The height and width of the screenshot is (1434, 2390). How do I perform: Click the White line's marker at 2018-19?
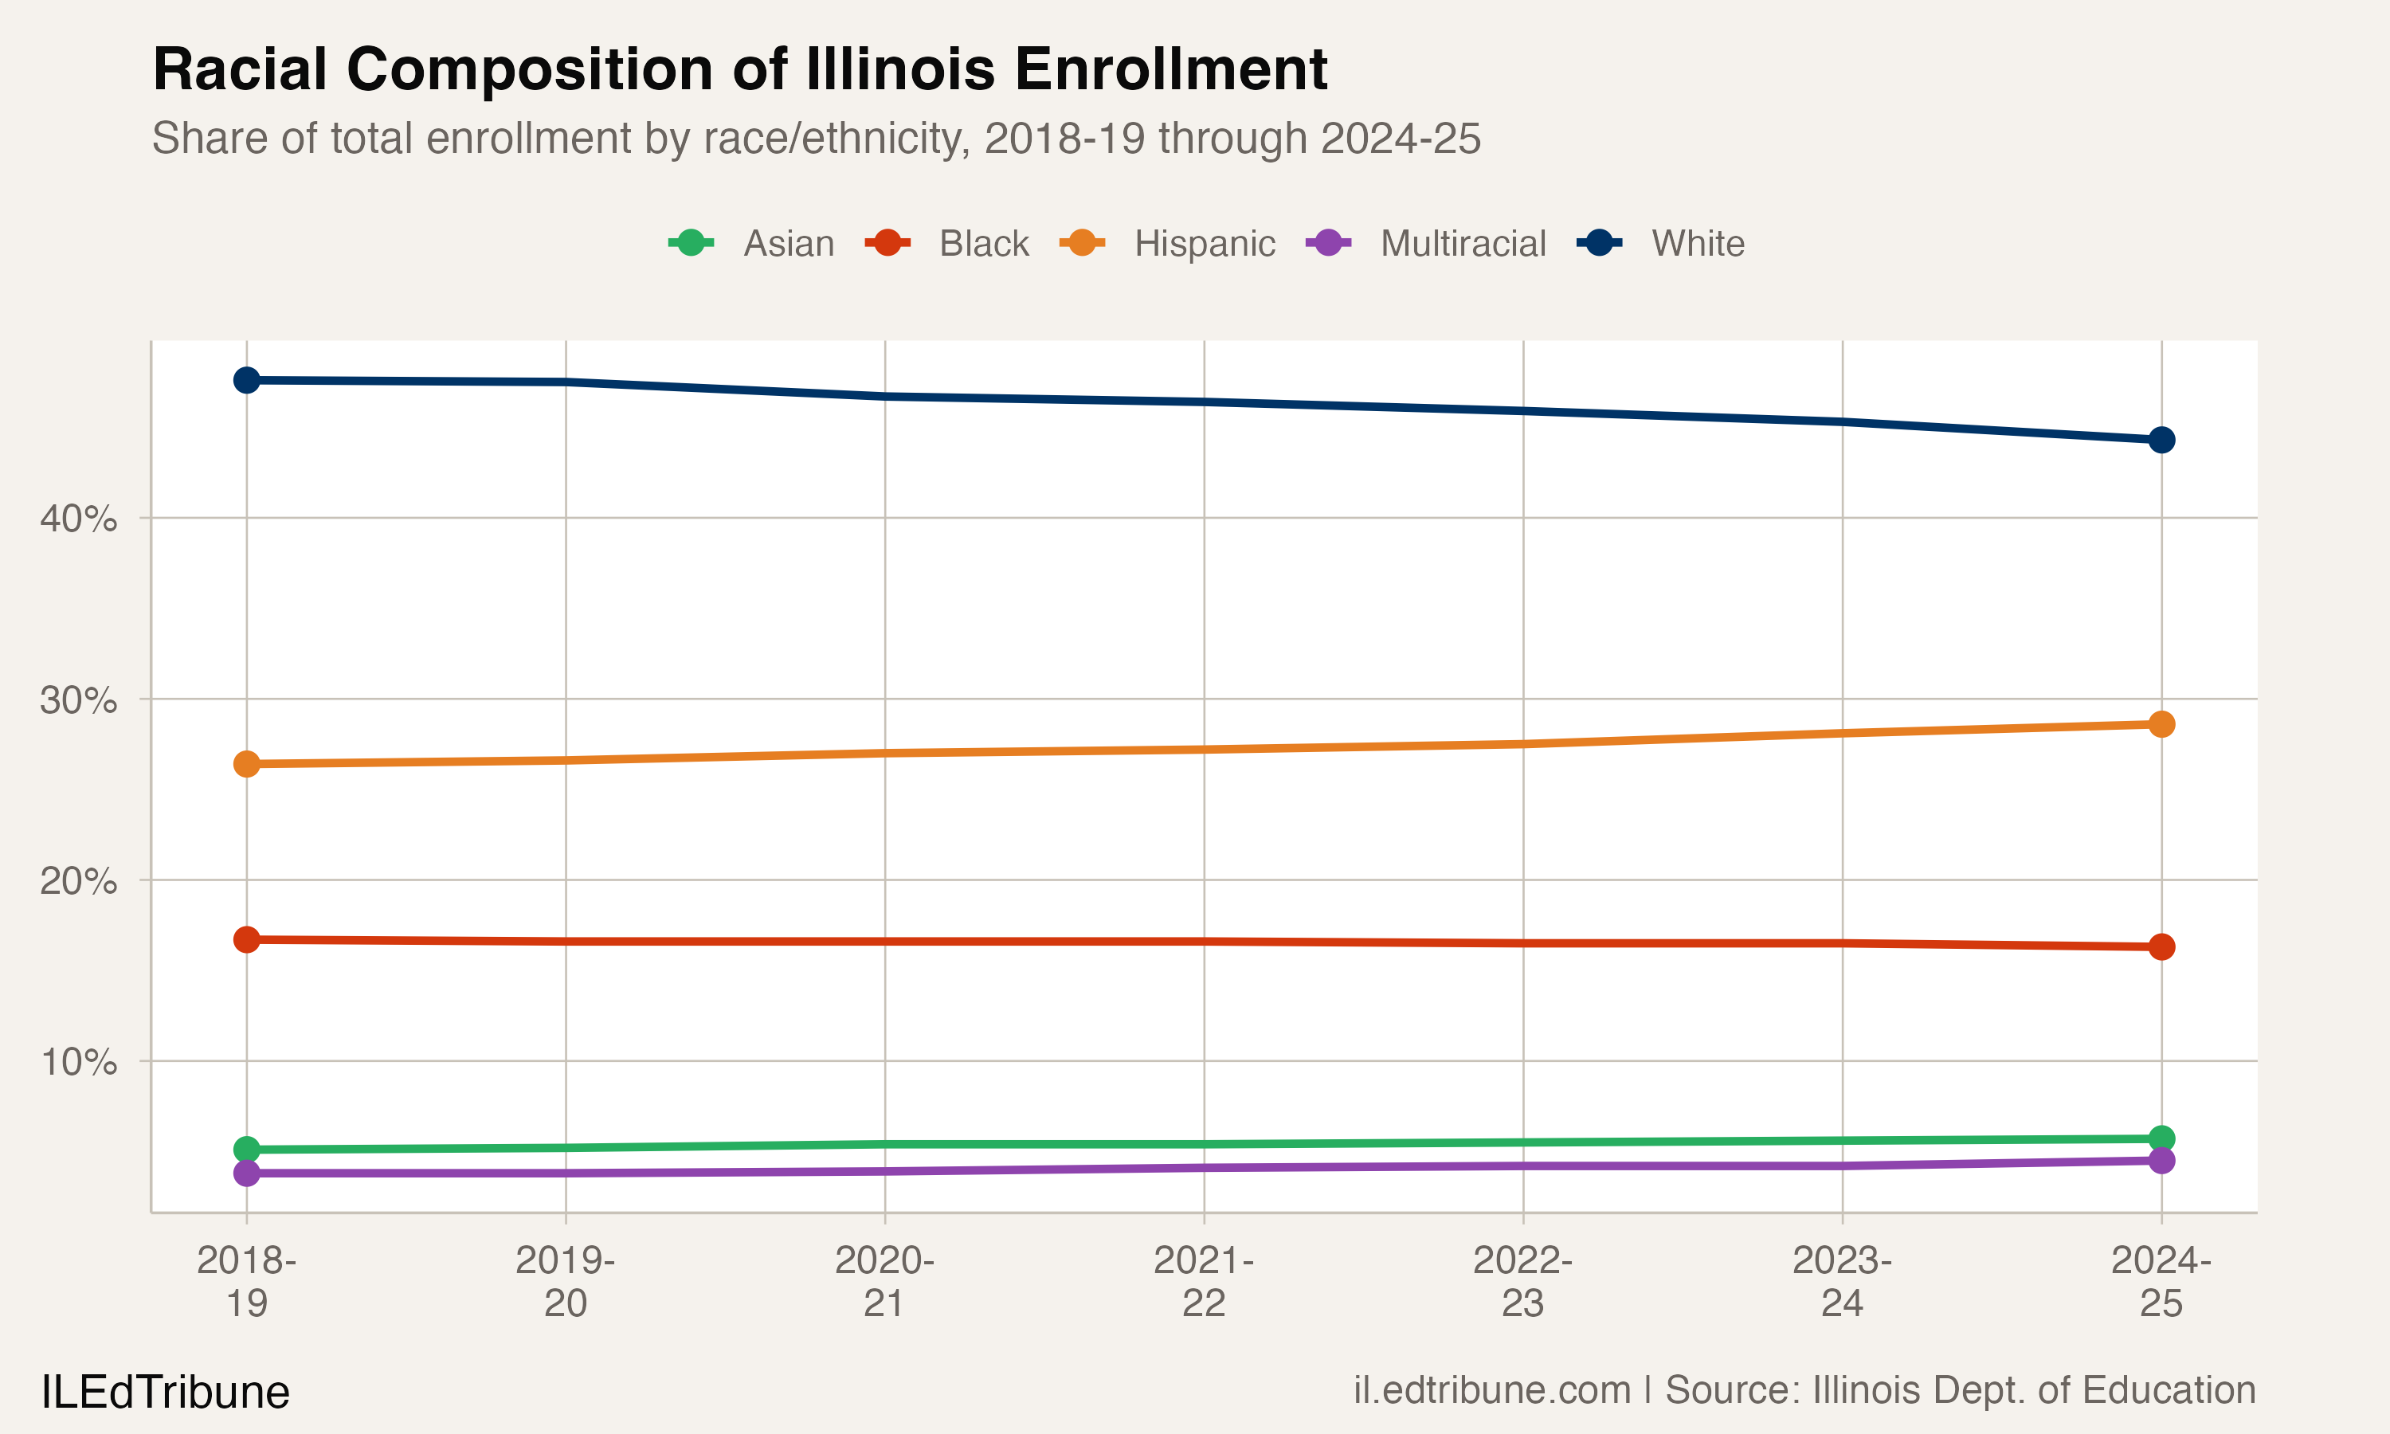pyautogui.click(x=246, y=380)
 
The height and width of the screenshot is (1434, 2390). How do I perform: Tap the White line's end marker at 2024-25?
pyautogui.click(x=2161, y=440)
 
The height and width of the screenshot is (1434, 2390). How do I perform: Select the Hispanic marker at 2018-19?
pyautogui.click(x=246, y=763)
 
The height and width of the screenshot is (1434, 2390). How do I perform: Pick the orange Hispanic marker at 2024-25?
pyautogui.click(x=2161, y=723)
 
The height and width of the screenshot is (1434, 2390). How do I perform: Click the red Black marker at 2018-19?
pyautogui.click(x=246, y=939)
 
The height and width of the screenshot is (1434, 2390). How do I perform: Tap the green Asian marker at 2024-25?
pyautogui.click(x=2161, y=1138)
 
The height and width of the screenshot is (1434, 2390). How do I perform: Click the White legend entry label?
pyautogui.click(x=1698, y=244)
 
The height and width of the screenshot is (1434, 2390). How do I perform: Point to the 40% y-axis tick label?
pyautogui.click(x=78, y=519)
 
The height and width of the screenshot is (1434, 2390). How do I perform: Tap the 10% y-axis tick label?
pyautogui.click(x=78, y=1062)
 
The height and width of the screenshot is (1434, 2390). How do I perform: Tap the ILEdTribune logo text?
pyautogui.click(x=165, y=1393)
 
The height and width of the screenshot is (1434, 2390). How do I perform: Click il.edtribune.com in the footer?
pyautogui.click(x=1491, y=1389)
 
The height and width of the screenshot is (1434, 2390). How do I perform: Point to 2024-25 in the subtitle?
pyautogui.click(x=1400, y=138)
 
